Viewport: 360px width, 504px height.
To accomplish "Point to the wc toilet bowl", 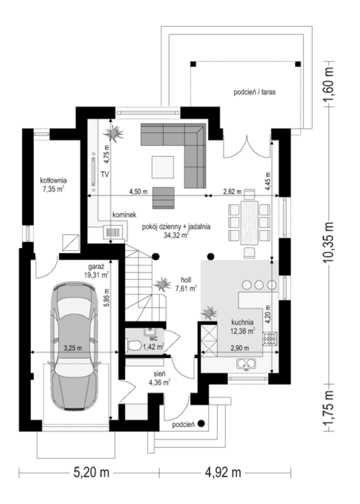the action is pyautogui.click(x=134, y=346).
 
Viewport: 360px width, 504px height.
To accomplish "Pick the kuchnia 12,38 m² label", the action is pyautogui.click(x=243, y=326).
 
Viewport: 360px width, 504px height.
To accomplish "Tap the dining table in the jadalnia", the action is pyautogui.click(x=249, y=223).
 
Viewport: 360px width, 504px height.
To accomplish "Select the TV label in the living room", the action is pyautogui.click(x=105, y=174).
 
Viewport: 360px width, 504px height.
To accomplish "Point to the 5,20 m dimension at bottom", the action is pyautogui.click(x=91, y=472).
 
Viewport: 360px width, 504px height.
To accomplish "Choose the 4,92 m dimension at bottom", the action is pyautogui.click(x=223, y=472).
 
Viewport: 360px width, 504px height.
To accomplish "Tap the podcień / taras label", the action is pyautogui.click(x=255, y=92).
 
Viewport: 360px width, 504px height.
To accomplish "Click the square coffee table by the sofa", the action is pyautogui.click(x=163, y=167).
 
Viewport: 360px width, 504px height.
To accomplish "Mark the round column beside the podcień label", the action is pyautogui.click(x=201, y=423).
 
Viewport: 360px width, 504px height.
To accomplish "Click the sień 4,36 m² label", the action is pyautogui.click(x=159, y=378).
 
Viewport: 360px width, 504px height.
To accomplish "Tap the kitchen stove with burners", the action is pyautogui.click(x=270, y=339).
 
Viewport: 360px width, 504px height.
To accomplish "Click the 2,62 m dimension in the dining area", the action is pyautogui.click(x=233, y=192).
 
